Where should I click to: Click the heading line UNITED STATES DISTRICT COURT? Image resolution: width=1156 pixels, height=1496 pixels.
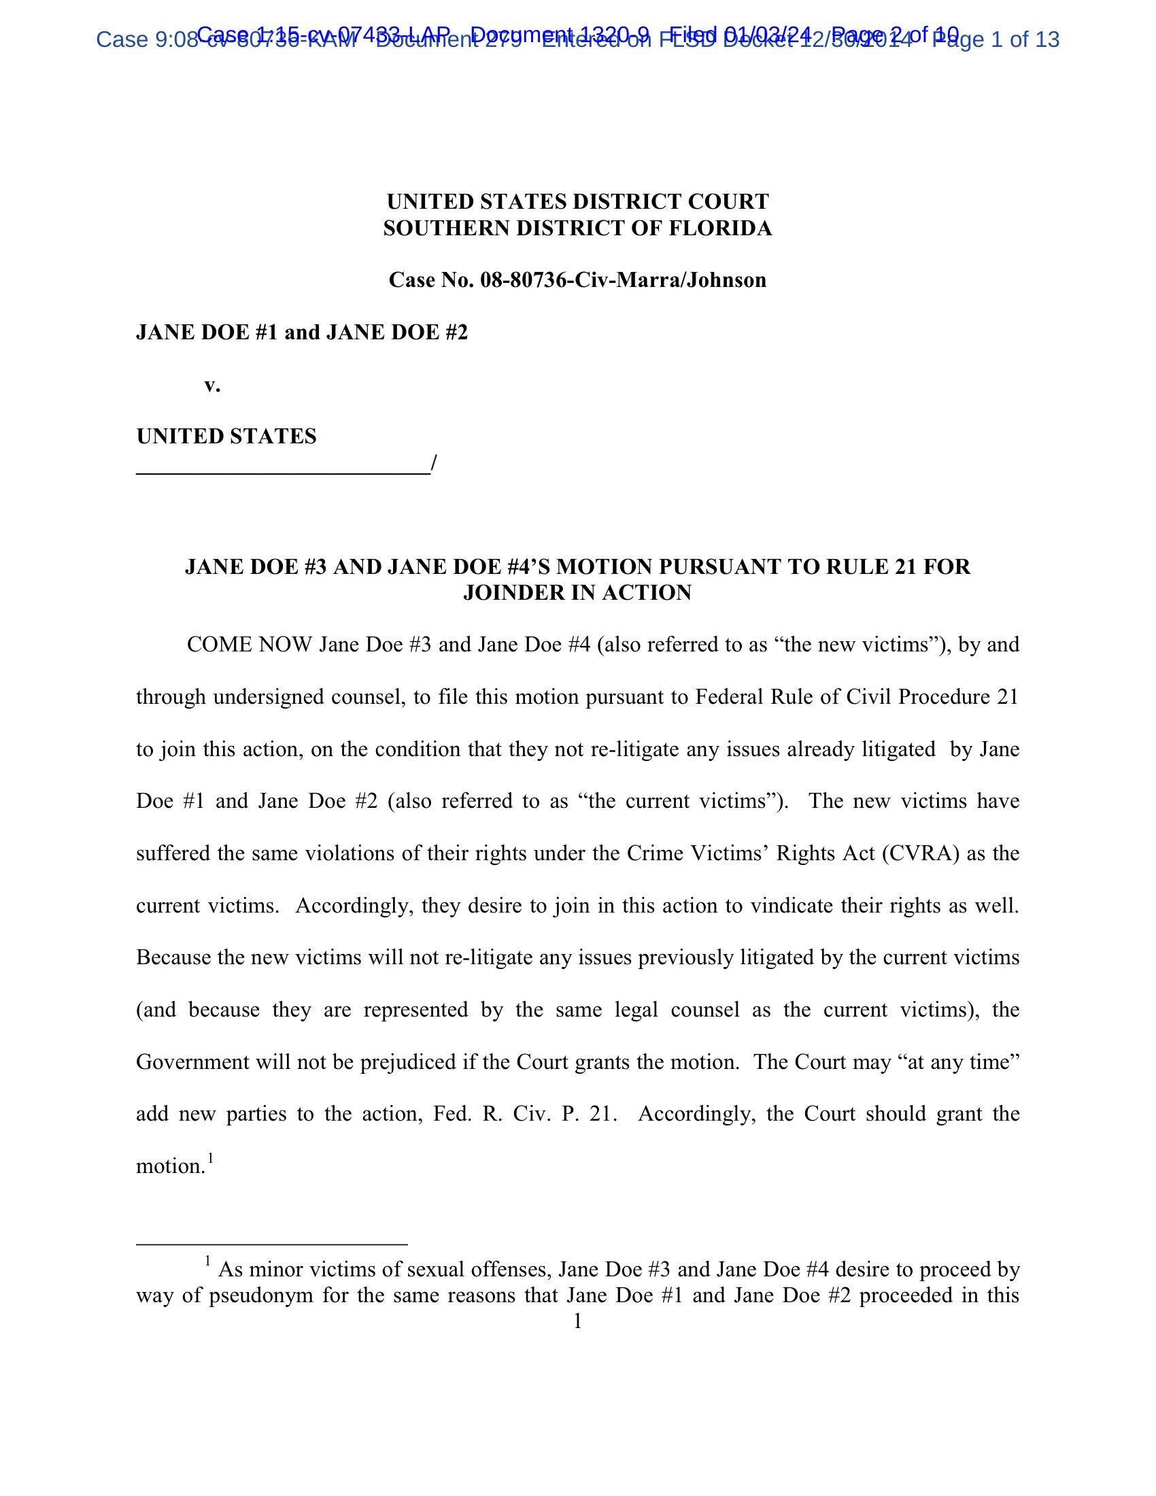(577, 201)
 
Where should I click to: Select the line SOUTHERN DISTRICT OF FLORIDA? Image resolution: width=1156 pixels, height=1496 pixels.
(577, 228)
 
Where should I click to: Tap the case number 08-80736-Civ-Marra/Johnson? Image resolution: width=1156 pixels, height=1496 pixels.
(622, 280)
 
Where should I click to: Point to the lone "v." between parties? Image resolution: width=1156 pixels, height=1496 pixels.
(212, 385)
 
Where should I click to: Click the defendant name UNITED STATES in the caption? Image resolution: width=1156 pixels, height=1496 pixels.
(226, 437)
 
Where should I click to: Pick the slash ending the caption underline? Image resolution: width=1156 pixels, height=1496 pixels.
(434, 464)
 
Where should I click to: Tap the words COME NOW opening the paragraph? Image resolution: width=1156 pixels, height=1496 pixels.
(250, 645)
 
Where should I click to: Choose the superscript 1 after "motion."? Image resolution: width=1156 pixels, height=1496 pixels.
(211, 1157)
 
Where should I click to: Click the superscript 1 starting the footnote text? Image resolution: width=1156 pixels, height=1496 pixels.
(207, 1261)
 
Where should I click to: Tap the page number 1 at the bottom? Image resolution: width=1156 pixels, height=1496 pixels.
(577, 1321)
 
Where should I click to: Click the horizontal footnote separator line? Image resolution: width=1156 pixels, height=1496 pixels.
(272, 1243)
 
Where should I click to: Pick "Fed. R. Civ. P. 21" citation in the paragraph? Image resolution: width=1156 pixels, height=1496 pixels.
(524, 1114)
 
